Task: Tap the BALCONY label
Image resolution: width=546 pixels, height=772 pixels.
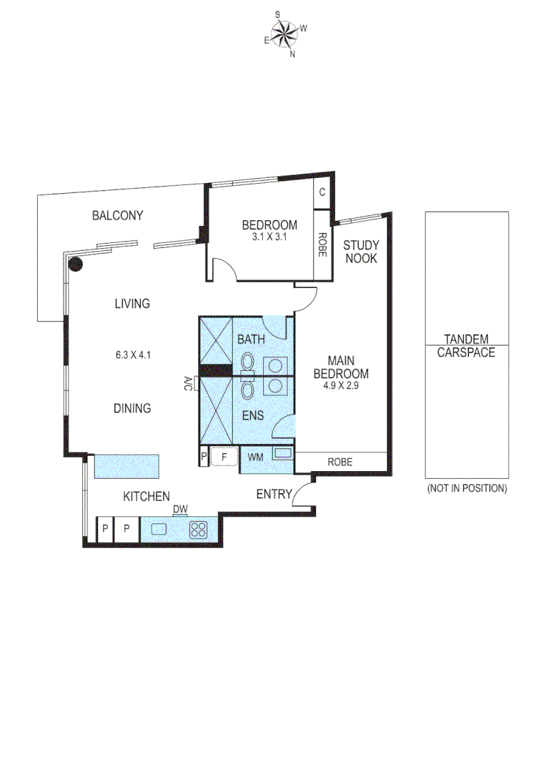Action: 118,215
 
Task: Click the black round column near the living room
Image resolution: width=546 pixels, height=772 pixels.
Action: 75,264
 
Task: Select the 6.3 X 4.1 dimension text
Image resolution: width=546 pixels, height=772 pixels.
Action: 132,354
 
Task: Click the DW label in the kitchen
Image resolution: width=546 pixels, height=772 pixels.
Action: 180,509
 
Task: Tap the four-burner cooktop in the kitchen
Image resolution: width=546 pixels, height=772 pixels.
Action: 198,530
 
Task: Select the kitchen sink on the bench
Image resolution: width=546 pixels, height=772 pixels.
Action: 159,530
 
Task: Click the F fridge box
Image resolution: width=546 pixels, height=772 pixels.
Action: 223,456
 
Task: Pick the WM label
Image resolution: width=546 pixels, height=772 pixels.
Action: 254,456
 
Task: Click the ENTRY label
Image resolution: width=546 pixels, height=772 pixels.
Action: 274,494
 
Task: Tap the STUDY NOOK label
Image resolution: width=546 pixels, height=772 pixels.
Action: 361,252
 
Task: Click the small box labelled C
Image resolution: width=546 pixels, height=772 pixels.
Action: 322,192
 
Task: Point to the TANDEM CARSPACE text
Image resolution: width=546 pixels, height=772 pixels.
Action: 466,345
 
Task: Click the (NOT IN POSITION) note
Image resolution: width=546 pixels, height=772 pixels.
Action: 467,489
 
